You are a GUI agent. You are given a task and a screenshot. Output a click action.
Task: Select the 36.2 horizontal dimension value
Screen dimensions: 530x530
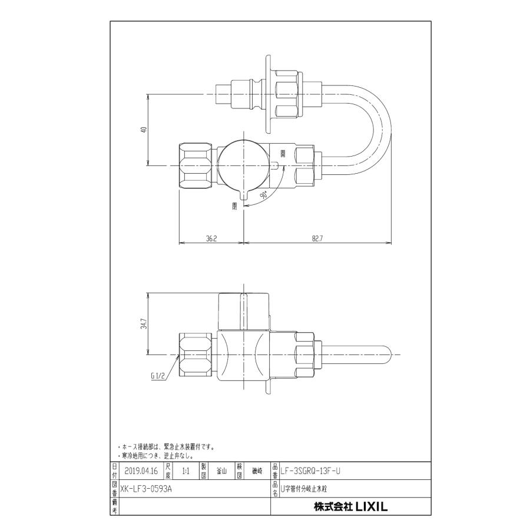click(211, 239)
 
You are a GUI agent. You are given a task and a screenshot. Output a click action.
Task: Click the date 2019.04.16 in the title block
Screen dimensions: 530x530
click(141, 471)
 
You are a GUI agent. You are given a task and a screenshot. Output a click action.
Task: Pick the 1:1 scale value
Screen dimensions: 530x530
click(186, 471)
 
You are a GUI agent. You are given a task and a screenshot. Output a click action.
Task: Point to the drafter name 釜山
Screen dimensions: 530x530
click(221, 471)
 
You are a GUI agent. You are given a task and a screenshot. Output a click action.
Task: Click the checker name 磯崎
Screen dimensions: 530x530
click(257, 471)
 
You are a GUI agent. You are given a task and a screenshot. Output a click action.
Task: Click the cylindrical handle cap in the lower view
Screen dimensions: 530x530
click(243, 311)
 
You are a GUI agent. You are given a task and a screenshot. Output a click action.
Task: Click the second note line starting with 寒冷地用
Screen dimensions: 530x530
click(155, 455)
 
